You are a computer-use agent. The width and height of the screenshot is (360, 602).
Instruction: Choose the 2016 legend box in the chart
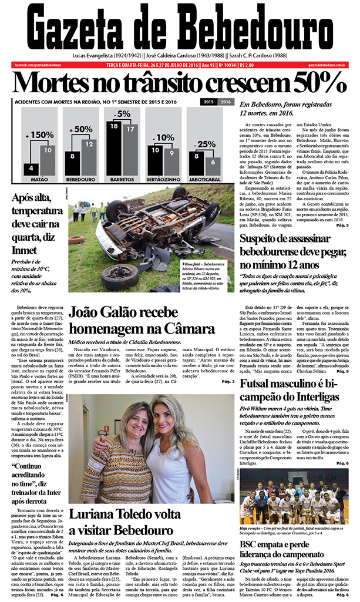226,102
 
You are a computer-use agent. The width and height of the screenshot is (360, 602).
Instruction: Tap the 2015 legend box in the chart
209,102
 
